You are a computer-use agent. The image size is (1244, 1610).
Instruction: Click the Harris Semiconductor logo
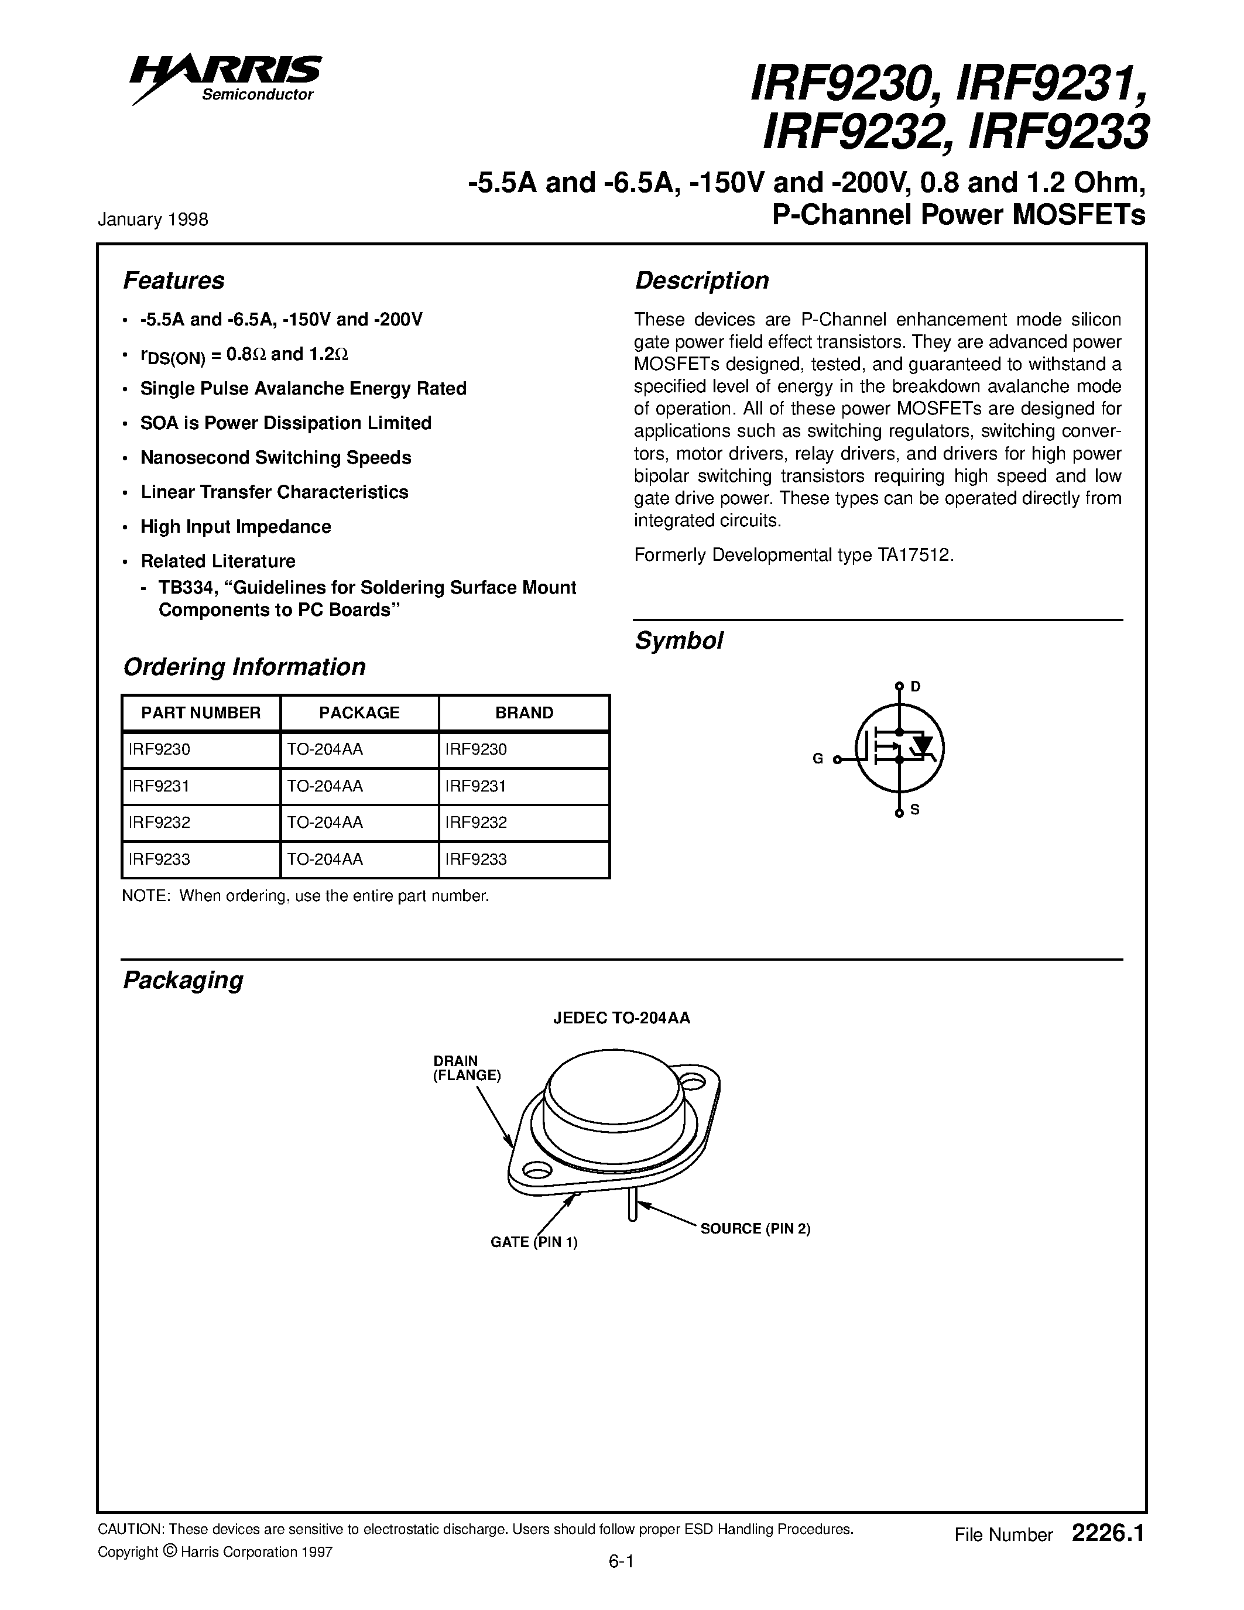coord(225,77)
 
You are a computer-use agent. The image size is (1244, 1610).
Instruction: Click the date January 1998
coord(153,220)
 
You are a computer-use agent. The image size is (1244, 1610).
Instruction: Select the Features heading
coord(173,281)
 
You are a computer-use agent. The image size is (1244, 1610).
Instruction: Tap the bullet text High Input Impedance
coord(235,526)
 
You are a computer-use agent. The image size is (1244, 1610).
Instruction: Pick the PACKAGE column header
coord(359,713)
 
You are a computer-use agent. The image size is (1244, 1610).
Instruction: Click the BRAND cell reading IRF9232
coord(476,823)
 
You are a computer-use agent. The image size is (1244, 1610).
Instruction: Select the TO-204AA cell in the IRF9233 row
coord(324,859)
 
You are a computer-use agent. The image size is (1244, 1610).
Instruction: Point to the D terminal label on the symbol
coord(916,686)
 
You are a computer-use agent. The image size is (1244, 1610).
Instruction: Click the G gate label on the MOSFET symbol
coord(817,759)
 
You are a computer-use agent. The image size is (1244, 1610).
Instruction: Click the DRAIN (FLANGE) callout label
coord(466,1068)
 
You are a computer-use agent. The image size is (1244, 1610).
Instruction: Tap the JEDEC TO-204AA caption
coord(621,1018)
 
